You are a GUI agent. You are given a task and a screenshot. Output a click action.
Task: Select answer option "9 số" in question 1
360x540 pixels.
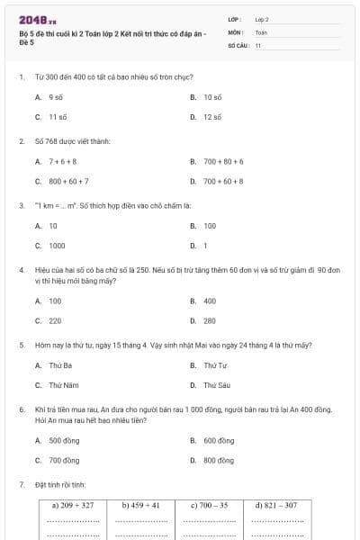pos(55,96)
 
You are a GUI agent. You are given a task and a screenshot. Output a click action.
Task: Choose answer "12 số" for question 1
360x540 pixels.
pos(212,117)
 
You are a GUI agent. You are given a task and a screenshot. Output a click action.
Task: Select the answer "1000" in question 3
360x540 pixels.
pos(57,245)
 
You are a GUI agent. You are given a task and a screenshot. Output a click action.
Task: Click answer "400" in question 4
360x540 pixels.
pos(210,301)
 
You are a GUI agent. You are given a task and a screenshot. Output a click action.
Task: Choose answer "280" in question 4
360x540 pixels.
pos(210,320)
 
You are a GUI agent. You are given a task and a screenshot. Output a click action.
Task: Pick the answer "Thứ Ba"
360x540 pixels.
pos(60,365)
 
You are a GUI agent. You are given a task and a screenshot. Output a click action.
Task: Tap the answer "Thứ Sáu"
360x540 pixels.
pos(217,385)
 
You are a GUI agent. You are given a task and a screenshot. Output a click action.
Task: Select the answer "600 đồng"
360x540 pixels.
pos(218,441)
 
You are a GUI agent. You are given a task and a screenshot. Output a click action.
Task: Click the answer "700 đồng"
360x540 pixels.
pos(64,460)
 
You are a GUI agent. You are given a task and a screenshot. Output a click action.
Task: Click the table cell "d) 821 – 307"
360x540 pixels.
pos(275,506)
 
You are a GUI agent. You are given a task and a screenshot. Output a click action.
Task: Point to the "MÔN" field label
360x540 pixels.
pos(236,31)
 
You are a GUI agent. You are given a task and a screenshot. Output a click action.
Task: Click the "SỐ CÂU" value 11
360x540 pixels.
pos(258,43)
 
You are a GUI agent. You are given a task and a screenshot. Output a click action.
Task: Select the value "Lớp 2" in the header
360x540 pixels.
pos(262,18)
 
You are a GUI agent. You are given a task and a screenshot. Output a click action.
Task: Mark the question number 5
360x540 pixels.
pos(21,345)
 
